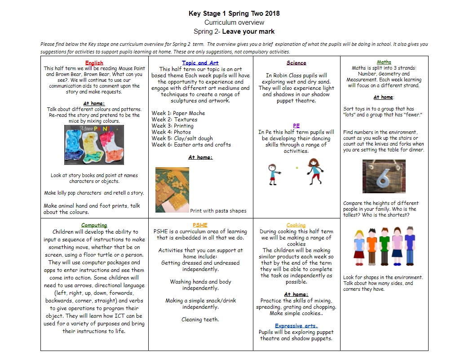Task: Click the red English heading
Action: [94, 63]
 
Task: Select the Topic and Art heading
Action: [200, 63]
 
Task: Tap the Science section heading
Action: [296, 63]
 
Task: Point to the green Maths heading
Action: [384, 62]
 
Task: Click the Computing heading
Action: [94, 225]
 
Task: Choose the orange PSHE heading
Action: [200, 225]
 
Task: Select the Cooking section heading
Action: [296, 225]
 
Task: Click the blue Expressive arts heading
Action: [296, 326]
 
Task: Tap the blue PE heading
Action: [296, 126]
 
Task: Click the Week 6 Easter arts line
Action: [191, 145]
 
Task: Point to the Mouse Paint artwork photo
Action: [94, 145]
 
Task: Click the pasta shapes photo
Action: [172, 190]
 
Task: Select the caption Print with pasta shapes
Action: [218, 211]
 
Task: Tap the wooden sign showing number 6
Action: [384, 176]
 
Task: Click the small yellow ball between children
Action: [296, 168]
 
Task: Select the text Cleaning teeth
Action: [200, 320]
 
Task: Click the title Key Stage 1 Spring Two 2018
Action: [234, 13]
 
